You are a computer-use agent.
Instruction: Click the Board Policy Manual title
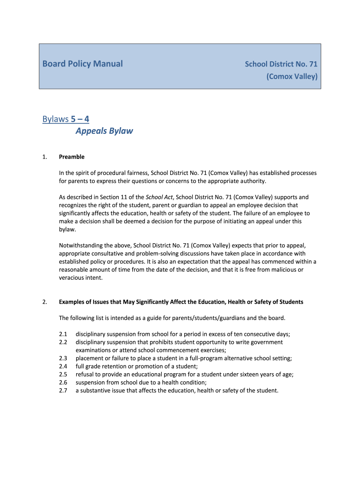(x=82, y=64)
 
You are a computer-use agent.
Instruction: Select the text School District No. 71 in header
(x=281, y=64)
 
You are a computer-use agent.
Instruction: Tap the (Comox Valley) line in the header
(x=292, y=76)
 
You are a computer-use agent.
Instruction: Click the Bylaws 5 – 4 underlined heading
(x=63, y=119)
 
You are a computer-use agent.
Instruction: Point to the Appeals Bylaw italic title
(x=104, y=131)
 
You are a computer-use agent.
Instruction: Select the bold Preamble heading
(x=72, y=157)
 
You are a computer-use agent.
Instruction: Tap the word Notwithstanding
(x=80, y=245)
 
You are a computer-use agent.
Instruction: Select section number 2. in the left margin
(x=45, y=302)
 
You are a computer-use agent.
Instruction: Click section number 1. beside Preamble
(x=45, y=157)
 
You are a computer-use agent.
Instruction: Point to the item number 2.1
(x=64, y=334)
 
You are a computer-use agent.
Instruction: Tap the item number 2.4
(x=64, y=366)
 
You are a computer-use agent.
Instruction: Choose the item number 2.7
(x=64, y=391)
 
